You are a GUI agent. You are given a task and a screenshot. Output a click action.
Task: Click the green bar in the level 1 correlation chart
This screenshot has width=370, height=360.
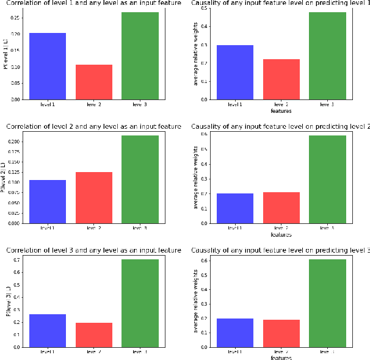tap(140, 56)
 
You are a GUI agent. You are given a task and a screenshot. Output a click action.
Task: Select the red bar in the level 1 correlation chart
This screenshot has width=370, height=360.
tap(94, 82)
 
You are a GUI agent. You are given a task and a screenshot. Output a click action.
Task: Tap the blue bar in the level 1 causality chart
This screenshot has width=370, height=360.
tap(235, 72)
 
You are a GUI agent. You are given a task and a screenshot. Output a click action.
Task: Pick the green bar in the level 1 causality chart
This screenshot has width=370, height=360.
tap(327, 56)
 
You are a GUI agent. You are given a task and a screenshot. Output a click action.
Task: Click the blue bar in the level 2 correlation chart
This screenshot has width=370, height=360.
tap(48, 201)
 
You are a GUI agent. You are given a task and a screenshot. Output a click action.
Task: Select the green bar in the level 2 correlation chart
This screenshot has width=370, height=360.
tap(140, 179)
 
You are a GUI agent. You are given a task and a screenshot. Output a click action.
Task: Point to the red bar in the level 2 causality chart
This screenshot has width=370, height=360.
tap(281, 207)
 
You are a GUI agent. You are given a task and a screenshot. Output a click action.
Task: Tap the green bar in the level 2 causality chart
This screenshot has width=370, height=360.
tap(327, 179)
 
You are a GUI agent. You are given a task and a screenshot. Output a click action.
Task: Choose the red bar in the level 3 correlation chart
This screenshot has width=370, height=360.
tap(94, 334)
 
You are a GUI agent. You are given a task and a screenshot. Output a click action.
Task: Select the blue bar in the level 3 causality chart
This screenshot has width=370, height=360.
tap(235, 333)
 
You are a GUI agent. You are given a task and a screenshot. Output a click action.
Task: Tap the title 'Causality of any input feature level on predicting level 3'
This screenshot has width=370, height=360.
tap(280, 250)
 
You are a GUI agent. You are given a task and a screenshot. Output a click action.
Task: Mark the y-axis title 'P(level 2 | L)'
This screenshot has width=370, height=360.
tap(4, 178)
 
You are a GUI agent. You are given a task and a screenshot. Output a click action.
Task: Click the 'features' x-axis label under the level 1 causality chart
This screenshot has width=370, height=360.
tap(281, 111)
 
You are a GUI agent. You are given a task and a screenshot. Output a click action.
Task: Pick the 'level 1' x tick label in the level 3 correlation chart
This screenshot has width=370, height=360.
tap(48, 352)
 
